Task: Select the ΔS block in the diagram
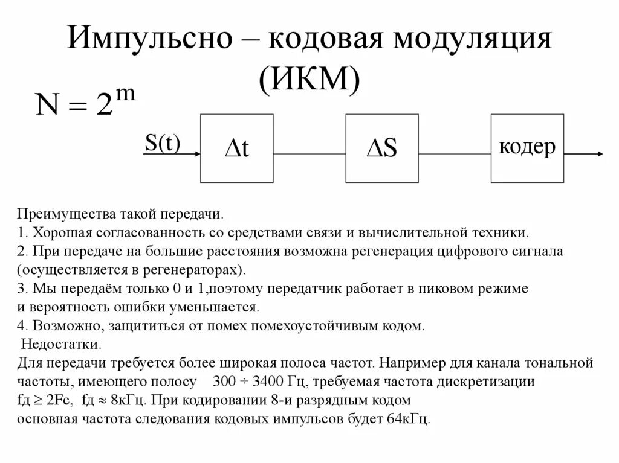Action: [382, 148]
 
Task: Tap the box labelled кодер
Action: [527, 148]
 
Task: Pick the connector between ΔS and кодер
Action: [455, 155]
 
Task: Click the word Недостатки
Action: [61, 345]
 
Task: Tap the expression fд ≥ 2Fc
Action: [47, 401]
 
